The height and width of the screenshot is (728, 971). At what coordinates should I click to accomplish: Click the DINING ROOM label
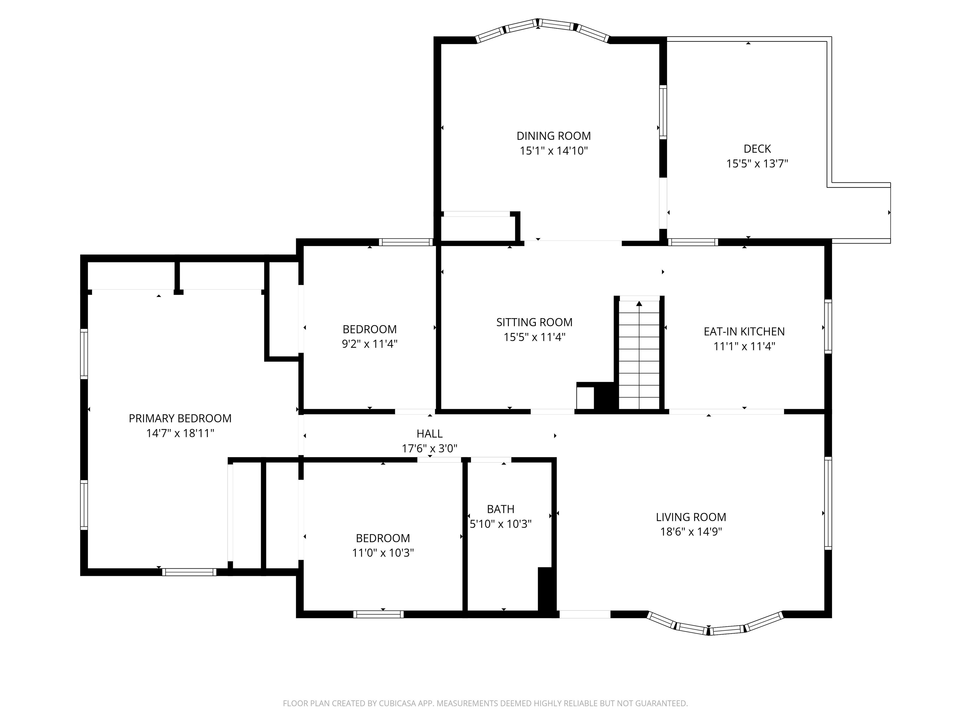[553, 136]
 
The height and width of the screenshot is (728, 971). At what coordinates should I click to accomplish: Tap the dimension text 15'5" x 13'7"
[757, 164]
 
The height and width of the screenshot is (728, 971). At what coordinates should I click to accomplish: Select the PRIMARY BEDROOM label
[180, 419]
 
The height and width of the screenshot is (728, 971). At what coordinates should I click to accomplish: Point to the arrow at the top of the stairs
[639, 303]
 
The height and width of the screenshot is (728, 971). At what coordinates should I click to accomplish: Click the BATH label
[500, 509]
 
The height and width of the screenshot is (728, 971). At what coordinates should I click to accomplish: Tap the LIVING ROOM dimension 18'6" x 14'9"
[691, 532]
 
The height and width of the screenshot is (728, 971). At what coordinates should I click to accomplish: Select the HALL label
[429, 434]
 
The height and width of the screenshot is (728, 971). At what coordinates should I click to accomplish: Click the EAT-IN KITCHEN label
[744, 332]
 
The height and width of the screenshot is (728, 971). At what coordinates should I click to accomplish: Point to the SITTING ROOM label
[534, 323]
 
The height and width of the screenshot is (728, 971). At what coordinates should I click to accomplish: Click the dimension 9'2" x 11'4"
[369, 344]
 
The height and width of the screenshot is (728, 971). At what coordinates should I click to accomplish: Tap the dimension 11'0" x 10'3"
[383, 553]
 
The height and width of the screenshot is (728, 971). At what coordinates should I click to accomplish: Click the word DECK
[757, 149]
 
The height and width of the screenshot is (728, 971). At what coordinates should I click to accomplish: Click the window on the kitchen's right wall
[828, 326]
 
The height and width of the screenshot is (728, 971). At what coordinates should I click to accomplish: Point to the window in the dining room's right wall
[663, 112]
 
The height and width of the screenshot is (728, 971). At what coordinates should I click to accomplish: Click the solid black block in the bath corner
[547, 589]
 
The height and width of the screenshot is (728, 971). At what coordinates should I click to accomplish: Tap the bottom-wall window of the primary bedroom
[189, 572]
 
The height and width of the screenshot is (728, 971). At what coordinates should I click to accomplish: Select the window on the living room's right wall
[828, 503]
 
